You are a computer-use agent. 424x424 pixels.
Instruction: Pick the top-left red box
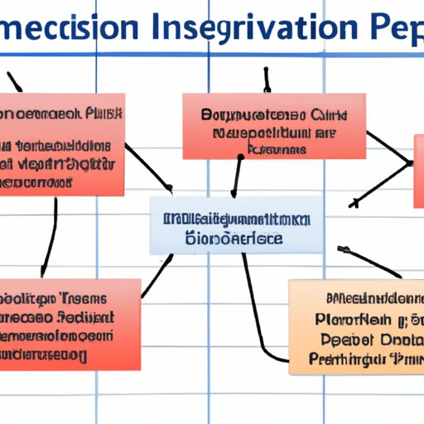62,144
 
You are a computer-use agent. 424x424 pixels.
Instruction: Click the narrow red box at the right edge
418,170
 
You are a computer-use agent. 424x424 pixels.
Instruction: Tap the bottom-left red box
70,324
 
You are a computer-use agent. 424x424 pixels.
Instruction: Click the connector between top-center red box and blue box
238,176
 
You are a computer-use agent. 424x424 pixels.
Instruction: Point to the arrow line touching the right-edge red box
381,182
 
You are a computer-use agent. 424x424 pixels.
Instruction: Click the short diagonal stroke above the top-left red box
14,81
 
